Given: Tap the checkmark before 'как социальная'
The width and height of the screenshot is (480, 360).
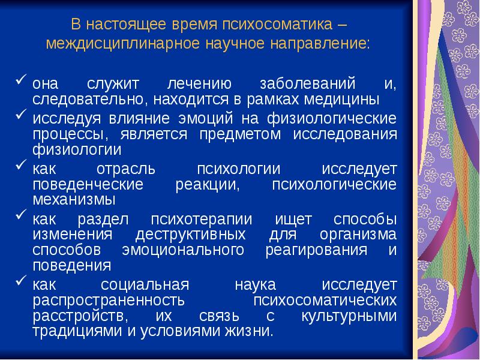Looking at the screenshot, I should point(21,281).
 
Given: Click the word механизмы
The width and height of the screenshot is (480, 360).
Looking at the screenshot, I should point(74,199).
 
